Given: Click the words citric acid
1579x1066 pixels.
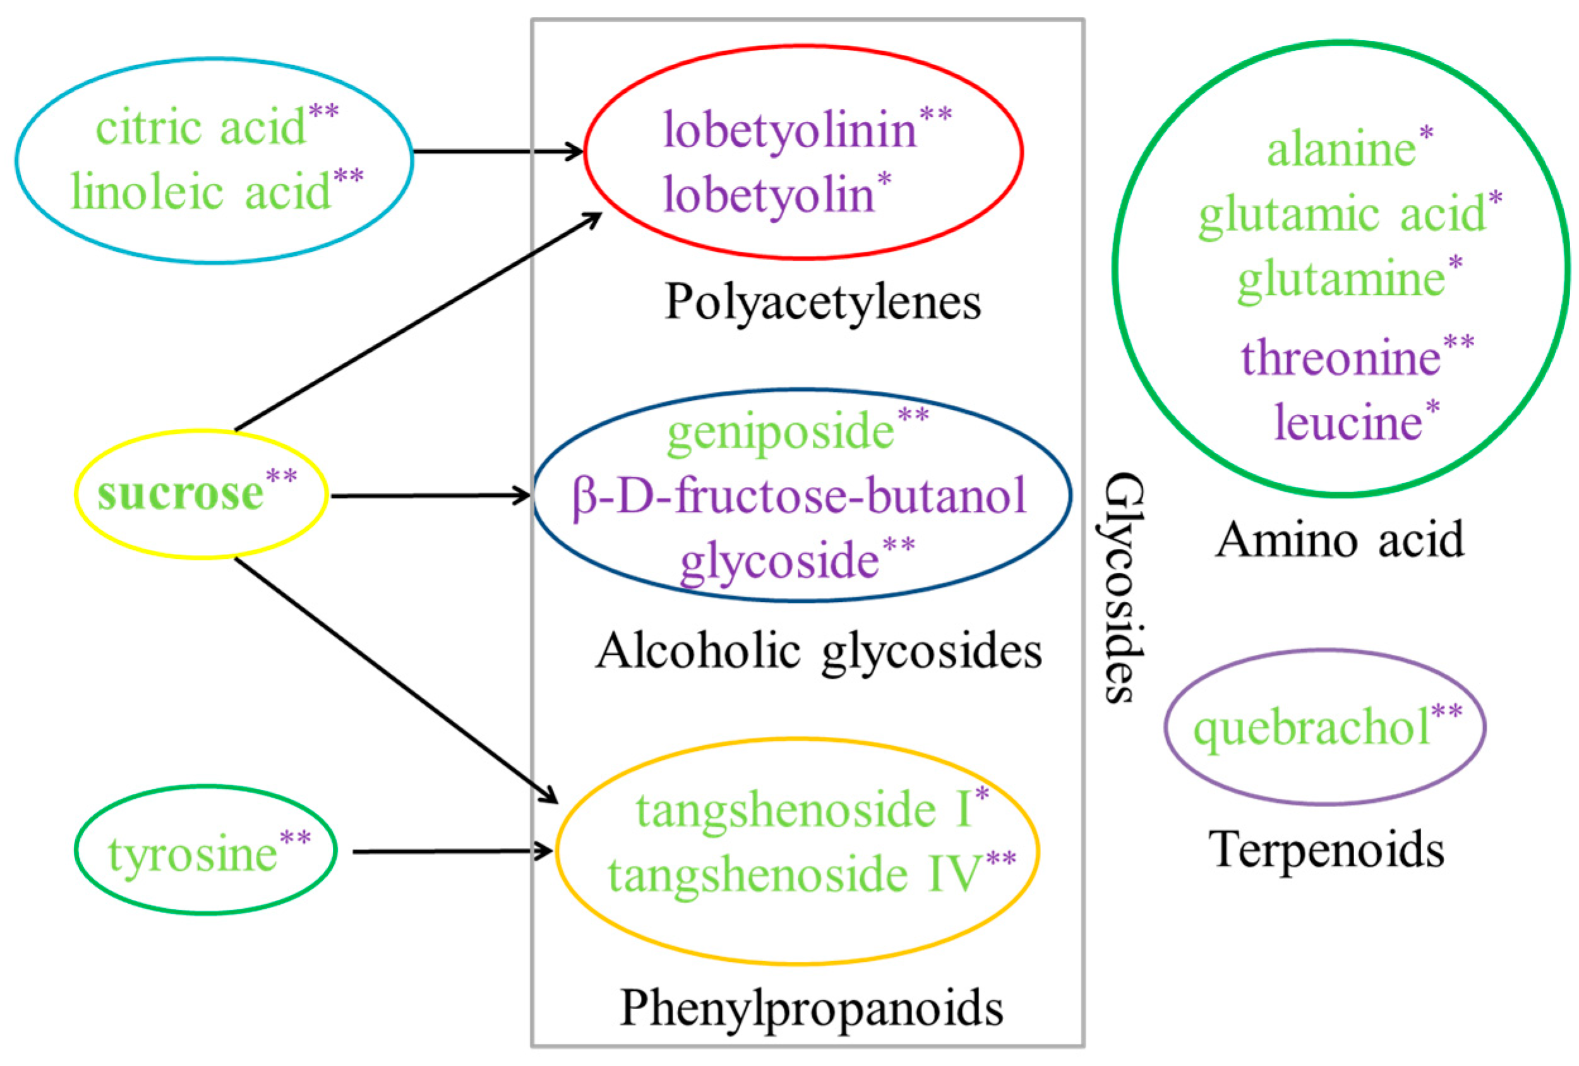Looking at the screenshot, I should click(x=201, y=128).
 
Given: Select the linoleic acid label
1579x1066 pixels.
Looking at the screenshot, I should click(x=201, y=192).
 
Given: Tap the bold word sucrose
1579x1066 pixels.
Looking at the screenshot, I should click(x=180, y=493).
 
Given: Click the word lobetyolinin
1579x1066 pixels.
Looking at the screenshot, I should click(x=790, y=131).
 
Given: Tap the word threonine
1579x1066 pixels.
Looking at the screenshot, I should click(x=1340, y=358).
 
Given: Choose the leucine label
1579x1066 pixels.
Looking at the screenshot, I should click(x=1348, y=422).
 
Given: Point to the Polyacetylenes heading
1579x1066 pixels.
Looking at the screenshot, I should click(x=823, y=302).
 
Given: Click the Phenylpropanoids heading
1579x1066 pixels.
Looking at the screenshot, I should click(x=812, y=1009).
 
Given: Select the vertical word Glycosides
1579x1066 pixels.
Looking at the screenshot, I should click(x=1122, y=588).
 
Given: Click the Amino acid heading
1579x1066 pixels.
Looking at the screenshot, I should click(x=1340, y=541).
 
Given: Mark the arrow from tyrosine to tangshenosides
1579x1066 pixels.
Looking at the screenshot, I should click(x=452, y=851).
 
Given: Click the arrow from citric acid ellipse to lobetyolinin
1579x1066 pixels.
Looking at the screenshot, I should click(x=497, y=151).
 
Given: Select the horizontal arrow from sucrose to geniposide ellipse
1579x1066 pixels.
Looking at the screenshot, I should click(x=429, y=496).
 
